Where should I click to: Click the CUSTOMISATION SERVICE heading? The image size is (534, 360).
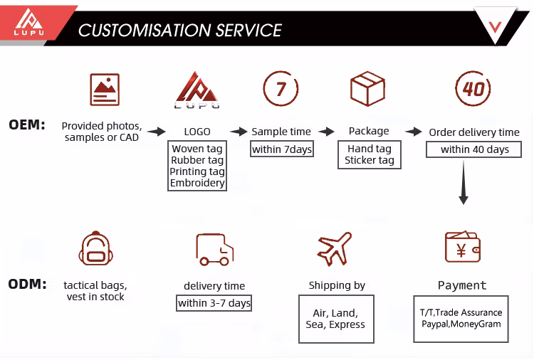tap(180, 31)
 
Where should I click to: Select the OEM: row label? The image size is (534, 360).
tap(27, 125)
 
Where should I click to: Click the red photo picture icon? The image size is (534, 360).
tap(105, 89)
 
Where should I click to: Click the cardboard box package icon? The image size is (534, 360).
tap(367, 90)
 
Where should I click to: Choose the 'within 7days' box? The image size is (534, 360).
tap(282, 149)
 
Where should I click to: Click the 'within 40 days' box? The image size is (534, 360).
tap(474, 149)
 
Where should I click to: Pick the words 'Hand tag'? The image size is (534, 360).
tap(369, 149)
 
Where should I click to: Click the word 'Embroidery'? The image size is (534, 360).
tap(197, 183)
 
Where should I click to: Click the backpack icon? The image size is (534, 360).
tap(95, 248)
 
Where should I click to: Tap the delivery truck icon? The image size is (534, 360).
tap(214, 249)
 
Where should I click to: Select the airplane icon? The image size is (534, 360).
tap(335, 248)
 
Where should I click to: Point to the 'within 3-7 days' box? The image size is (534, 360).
tap(214, 303)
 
